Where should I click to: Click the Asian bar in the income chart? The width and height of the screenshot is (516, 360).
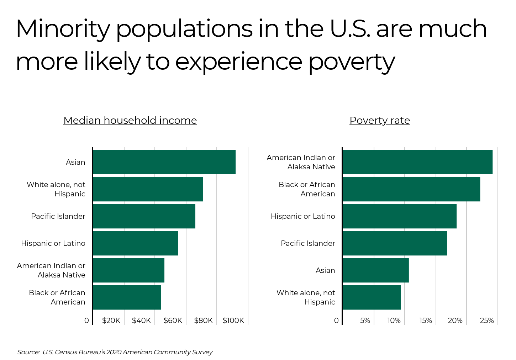pyautogui.click(x=164, y=162)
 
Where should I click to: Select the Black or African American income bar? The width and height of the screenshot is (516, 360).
pyautogui.click(x=127, y=297)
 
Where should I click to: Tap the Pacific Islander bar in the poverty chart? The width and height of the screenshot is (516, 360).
pyautogui.click(x=395, y=243)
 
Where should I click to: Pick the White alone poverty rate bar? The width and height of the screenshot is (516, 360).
pyautogui.click(x=372, y=297)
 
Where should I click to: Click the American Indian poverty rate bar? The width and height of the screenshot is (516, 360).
pyautogui.click(x=417, y=162)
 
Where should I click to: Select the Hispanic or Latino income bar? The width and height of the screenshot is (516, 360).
pyautogui.click(x=135, y=243)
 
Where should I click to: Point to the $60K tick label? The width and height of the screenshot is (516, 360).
pyautogui.click(x=173, y=321)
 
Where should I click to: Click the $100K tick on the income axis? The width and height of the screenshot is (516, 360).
pyautogui.click(x=233, y=321)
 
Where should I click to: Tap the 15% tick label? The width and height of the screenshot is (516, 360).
pyautogui.click(x=425, y=321)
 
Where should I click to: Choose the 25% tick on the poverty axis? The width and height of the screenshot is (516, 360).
pyautogui.click(x=486, y=321)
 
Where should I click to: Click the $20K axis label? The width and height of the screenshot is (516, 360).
pyautogui.click(x=111, y=321)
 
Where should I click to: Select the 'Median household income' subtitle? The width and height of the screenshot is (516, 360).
pyautogui.click(x=130, y=121)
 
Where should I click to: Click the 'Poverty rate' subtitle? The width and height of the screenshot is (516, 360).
pyautogui.click(x=380, y=121)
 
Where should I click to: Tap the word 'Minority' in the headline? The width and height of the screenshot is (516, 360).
pyautogui.click(x=63, y=29)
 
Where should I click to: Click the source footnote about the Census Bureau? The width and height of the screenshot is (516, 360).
pyautogui.click(x=115, y=352)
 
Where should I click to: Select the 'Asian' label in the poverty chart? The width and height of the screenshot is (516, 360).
pyautogui.click(x=325, y=270)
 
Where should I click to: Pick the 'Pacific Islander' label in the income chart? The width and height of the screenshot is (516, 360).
pyautogui.click(x=58, y=216)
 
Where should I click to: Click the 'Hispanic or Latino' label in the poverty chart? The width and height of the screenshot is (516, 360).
pyautogui.click(x=303, y=216)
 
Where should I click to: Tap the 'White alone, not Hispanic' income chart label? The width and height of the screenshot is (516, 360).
pyautogui.click(x=56, y=189)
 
